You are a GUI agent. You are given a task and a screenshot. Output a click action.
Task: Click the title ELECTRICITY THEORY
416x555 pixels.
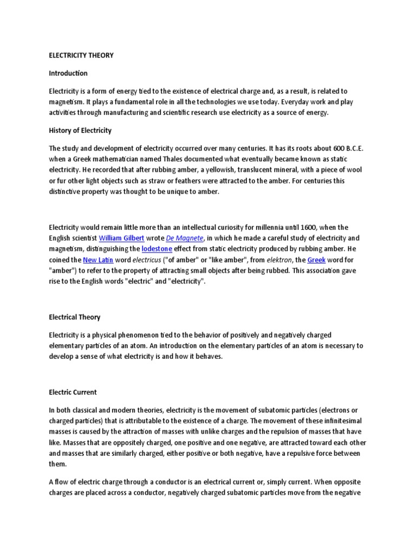click(x=81, y=55)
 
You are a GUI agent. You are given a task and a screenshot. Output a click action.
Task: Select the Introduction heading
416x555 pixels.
click(x=68, y=73)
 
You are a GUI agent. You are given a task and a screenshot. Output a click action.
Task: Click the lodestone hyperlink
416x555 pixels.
click(x=155, y=249)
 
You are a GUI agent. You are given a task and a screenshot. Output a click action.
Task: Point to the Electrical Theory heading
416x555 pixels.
click(x=75, y=317)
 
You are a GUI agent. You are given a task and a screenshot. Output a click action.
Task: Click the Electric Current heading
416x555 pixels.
click(x=73, y=392)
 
